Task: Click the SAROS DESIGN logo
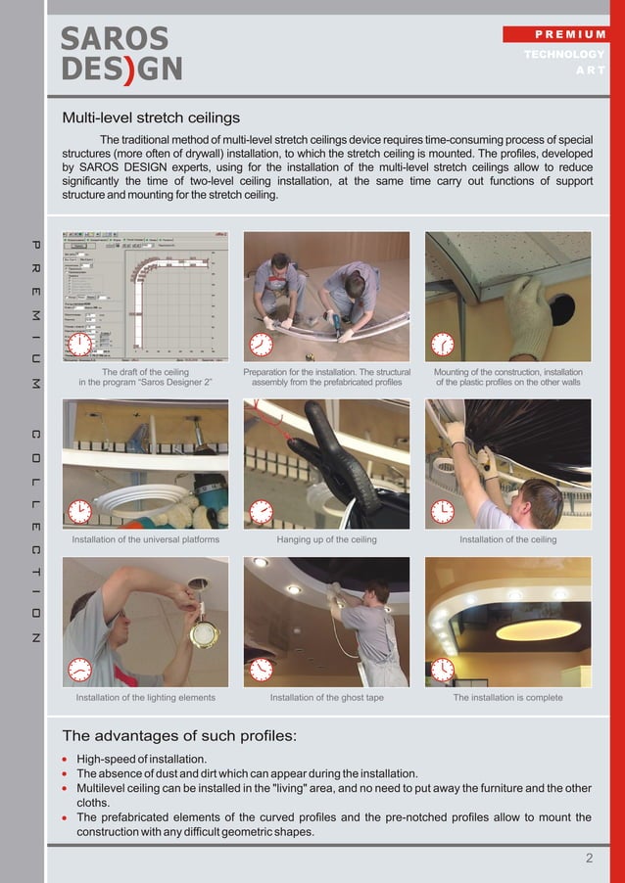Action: [121, 54]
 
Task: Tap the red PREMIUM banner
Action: [556, 34]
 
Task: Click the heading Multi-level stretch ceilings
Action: [151, 118]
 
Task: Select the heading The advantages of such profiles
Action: [179, 735]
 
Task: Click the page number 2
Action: [589, 859]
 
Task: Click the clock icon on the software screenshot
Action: [79, 345]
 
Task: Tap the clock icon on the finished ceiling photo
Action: [443, 670]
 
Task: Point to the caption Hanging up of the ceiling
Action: [326, 539]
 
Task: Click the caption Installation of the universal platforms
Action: [145, 539]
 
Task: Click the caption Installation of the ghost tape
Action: [326, 698]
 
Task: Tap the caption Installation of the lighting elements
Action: [145, 698]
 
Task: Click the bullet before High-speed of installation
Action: [66, 760]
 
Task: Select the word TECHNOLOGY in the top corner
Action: [564, 54]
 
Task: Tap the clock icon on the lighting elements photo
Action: [79, 670]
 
